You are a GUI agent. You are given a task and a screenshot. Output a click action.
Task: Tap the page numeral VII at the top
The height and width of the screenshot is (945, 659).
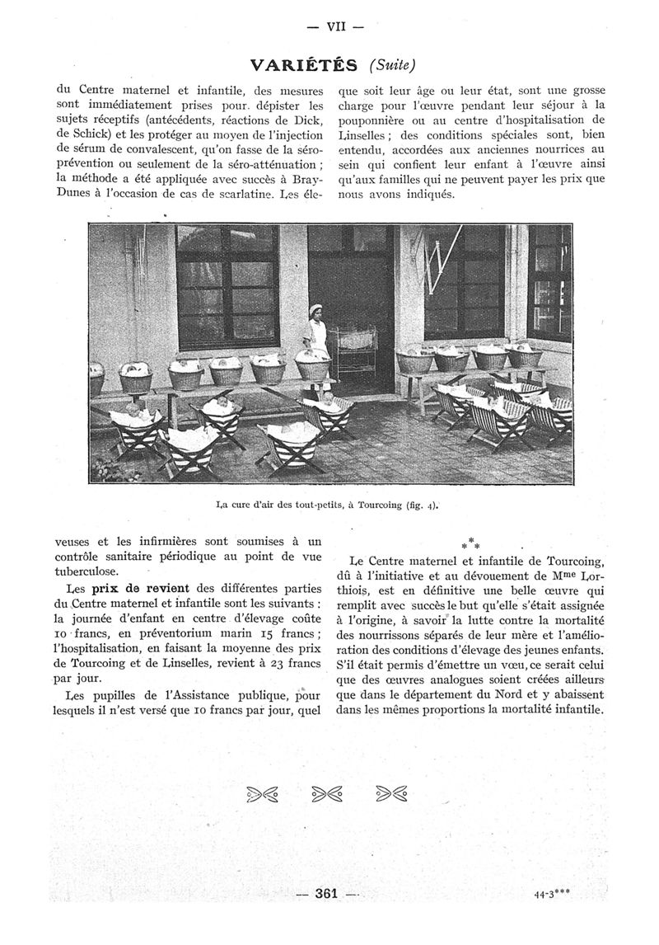point(334,26)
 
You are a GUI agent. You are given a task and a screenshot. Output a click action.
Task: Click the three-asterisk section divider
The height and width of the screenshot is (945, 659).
point(470,544)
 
